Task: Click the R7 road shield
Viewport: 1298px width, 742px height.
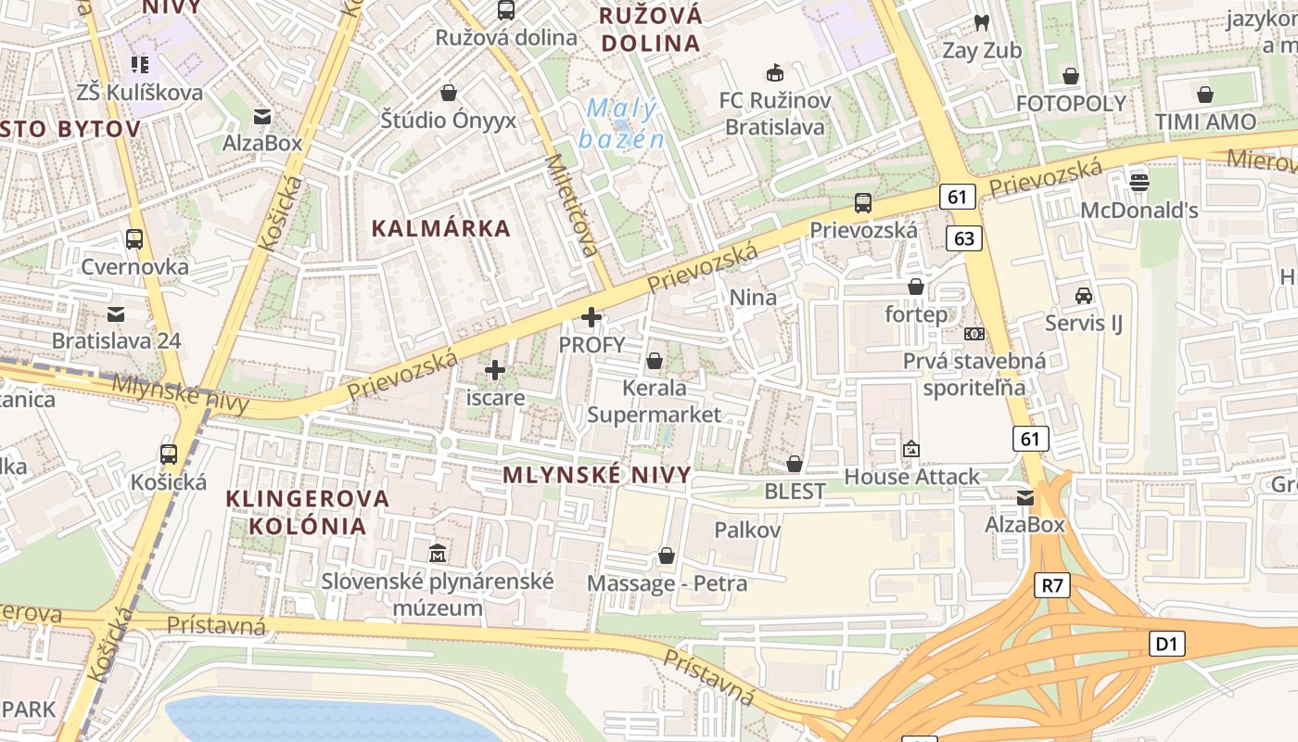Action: (1052, 585)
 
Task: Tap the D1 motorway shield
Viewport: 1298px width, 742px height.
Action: (1167, 643)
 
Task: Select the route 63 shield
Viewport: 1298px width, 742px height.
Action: (964, 238)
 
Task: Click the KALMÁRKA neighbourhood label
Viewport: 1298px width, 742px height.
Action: (441, 228)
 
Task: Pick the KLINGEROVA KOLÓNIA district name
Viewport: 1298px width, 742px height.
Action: (309, 512)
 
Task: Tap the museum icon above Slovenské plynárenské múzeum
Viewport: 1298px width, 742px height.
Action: (438, 554)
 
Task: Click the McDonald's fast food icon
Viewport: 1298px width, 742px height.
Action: (1139, 182)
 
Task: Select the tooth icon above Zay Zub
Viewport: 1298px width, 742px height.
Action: (982, 22)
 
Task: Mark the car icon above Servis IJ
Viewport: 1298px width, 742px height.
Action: (1083, 295)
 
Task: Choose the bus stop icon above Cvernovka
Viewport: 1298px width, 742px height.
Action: (134, 238)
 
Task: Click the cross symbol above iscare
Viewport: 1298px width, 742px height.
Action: (495, 371)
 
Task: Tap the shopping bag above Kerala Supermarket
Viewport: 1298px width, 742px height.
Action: (655, 360)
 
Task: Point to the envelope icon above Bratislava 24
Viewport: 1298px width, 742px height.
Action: (116, 313)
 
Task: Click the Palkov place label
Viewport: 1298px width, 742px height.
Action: (747, 531)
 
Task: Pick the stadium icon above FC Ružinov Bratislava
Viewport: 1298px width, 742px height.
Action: (774, 72)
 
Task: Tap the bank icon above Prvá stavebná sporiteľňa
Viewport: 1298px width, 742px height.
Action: (973, 334)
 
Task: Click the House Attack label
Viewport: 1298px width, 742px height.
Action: (911, 477)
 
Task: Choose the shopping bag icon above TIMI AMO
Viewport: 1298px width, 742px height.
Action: (1205, 95)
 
